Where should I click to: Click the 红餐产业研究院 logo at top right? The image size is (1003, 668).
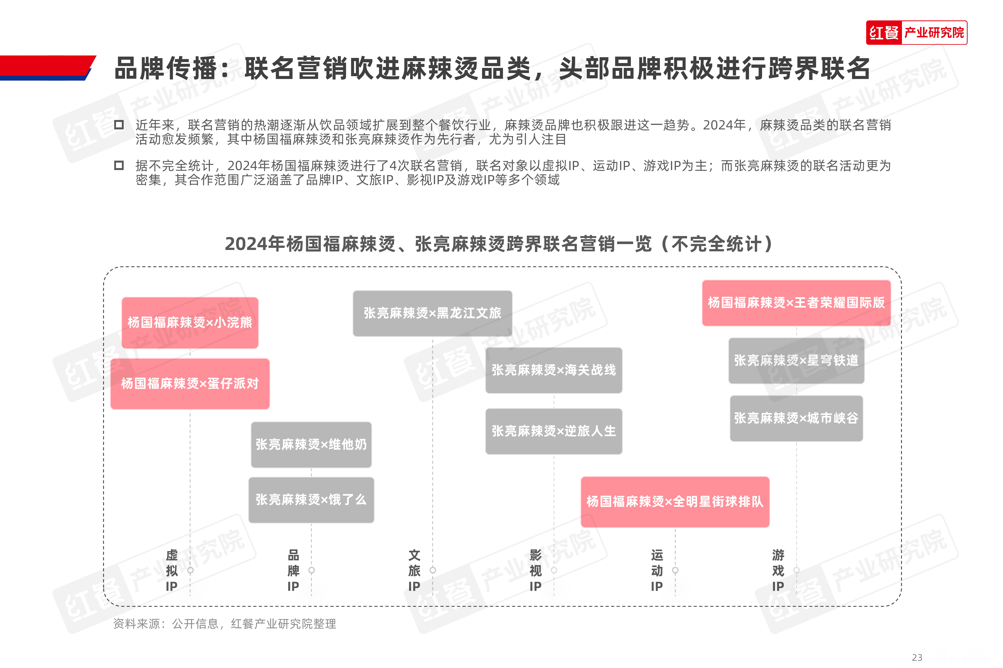[917, 32]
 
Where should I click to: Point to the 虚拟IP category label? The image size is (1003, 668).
[172, 570]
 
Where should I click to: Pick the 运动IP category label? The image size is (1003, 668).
[657, 570]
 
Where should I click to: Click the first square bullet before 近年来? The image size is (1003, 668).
[119, 125]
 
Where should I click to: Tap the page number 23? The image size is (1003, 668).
[917, 657]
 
